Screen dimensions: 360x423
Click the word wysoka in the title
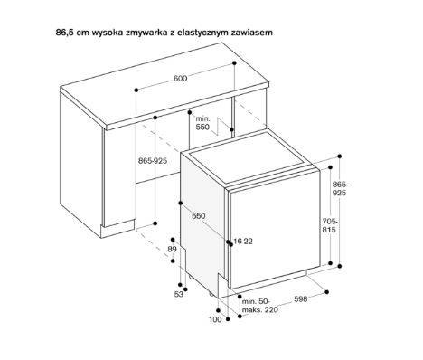click(x=99, y=32)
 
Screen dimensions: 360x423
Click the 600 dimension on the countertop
click(x=181, y=79)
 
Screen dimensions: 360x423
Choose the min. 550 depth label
click(x=203, y=124)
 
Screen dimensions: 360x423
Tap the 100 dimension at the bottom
click(x=214, y=319)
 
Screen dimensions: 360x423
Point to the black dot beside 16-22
click(x=229, y=242)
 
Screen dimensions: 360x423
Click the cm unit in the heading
click(x=65, y=32)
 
